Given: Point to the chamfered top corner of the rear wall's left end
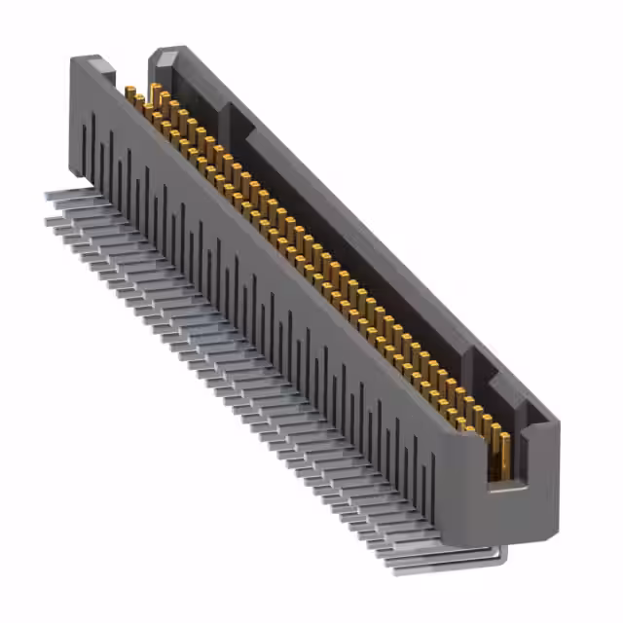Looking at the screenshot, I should pos(165,55).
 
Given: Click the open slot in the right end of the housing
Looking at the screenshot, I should pos(502,458).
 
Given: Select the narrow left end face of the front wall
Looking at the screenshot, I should pos(73,117).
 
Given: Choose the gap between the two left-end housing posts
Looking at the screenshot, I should pos(131,73).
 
